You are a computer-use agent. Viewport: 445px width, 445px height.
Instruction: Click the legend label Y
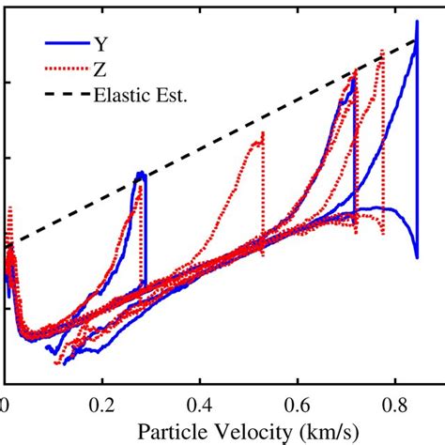tap(99, 42)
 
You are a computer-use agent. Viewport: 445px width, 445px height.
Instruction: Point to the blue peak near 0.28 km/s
tap(140, 174)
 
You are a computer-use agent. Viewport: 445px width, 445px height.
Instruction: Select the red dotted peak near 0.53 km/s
tap(263, 132)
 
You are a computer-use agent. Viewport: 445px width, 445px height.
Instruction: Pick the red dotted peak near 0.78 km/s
tap(382, 50)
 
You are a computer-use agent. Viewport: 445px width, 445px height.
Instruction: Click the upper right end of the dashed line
tap(417, 39)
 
